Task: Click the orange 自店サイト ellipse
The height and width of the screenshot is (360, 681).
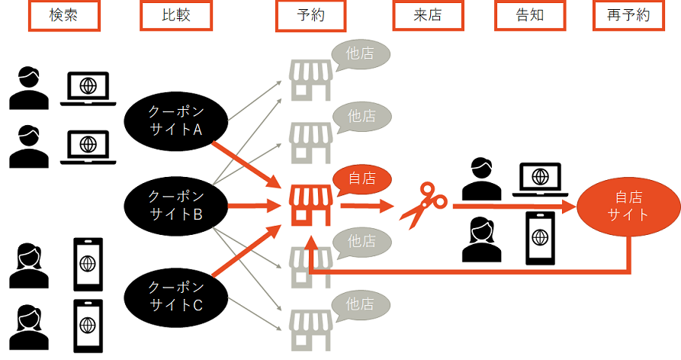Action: pos(628,205)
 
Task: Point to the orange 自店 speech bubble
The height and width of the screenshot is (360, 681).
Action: pos(362,180)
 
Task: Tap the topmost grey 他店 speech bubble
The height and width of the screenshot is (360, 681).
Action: pos(361,53)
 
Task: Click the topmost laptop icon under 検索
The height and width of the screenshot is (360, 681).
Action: pos(88,87)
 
